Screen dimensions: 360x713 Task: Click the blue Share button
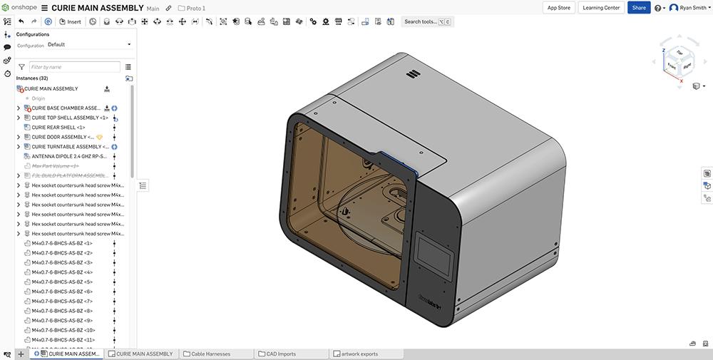[x=639, y=8]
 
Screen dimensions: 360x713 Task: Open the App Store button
[x=558, y=8]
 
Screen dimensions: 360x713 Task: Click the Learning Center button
[x=601, y=8]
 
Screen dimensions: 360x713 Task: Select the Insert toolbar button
[x=70, y=21]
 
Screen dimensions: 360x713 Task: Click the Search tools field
[x=426, y=21]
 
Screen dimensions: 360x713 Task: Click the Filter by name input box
[x=74, y=66]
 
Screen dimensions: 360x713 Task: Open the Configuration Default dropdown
[x=89, y=44]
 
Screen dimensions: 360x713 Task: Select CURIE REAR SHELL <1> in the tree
[x=58, y=128]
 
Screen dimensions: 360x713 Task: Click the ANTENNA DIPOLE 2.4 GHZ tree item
[x=68, y=156]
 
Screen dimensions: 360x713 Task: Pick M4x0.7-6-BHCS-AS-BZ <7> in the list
[x=62, y=301]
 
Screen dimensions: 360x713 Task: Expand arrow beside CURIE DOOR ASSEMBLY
[x=19, y=137]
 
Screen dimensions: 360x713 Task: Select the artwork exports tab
[x=359, y=354]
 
